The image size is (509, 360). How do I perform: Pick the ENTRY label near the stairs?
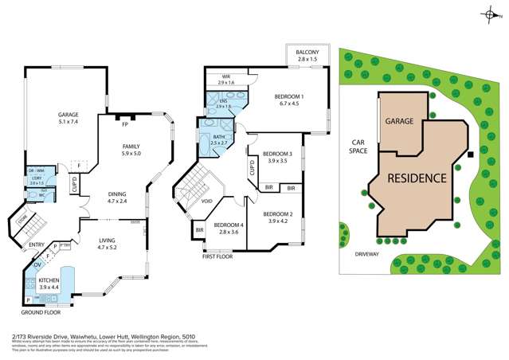click(37, 245)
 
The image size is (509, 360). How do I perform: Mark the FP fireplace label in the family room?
click(124, 124)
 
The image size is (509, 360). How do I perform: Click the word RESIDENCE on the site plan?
click(417, 178)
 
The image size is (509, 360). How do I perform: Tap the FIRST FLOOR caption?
click(218, 257)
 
